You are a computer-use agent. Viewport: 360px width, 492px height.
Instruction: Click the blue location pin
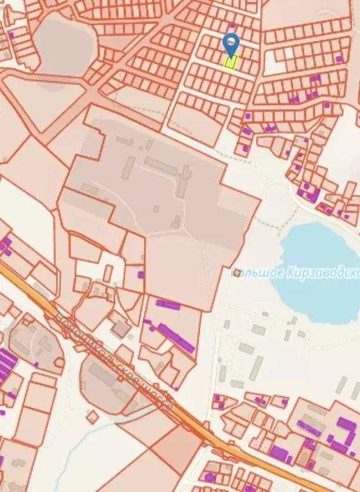pyautogui.click(x=230, y=43)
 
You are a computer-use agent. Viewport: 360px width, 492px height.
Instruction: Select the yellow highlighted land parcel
pyautogui.click(x=230, y=62)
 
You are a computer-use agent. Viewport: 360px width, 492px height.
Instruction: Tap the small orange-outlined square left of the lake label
pyautogui.click(x=237, y=273)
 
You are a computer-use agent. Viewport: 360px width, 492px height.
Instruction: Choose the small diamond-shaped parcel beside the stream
pyautogui.click(x=93, y=416)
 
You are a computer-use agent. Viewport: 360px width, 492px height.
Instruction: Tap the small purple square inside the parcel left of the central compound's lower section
pyautogui.click(x=141, y=275)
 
